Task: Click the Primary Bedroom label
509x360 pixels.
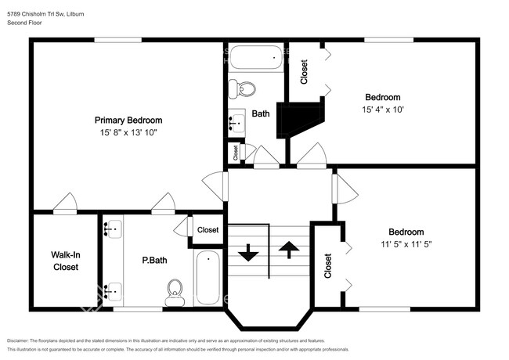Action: click(128, 120)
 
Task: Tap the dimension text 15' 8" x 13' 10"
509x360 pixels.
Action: click(128, 133)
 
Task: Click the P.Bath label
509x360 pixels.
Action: click(152, 261)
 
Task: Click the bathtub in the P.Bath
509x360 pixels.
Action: click(208, 278)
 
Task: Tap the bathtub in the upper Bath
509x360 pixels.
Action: click(254, 57)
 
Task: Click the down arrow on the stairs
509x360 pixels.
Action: click(248, 252)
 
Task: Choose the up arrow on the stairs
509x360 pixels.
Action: click(289, 250)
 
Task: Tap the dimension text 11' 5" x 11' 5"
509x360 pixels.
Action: click(406, 244)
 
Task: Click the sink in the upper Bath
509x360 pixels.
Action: click(236, 121)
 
